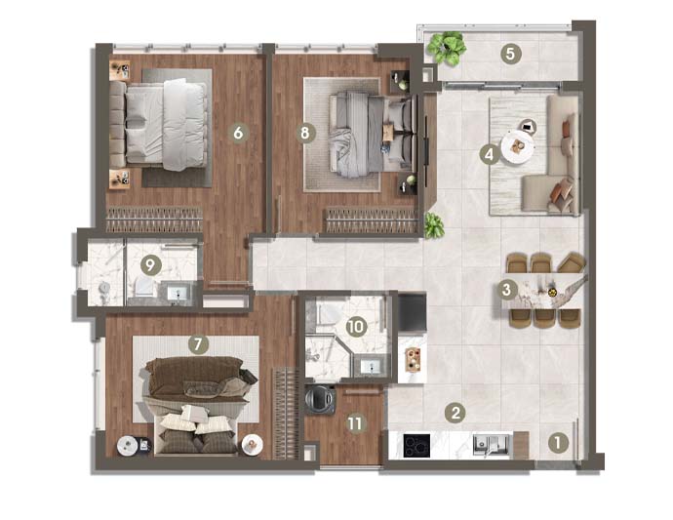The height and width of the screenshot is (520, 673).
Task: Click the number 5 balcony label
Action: [510, 54]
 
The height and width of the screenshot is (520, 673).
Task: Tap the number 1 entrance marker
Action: [557, 443]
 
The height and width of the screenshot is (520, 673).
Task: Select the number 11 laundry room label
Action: [354, 423]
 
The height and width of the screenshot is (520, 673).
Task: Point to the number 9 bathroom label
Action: [150, 265]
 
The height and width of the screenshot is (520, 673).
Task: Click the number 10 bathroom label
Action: [355, 327]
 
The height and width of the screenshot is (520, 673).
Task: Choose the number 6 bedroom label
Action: [238, 133]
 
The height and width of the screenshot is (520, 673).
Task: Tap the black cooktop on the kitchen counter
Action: [416, 446]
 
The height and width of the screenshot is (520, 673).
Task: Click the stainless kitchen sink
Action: [491, 445]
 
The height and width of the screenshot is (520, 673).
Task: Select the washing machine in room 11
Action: [320, 399]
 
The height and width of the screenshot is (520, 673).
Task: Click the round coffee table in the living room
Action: [518, 146]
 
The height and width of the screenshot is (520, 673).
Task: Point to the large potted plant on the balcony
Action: [448, 47]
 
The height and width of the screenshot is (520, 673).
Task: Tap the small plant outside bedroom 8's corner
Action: [434, 225]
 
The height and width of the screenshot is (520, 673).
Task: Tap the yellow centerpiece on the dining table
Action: [553, 293]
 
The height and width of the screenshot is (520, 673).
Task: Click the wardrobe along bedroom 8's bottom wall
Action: [370, 220]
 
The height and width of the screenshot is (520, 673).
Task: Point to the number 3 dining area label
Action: [506, 290]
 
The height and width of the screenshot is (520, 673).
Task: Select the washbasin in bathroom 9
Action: [178, 294]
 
